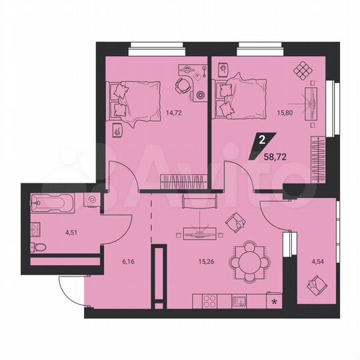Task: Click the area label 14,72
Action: (174, 113)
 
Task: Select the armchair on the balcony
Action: (314, 287)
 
